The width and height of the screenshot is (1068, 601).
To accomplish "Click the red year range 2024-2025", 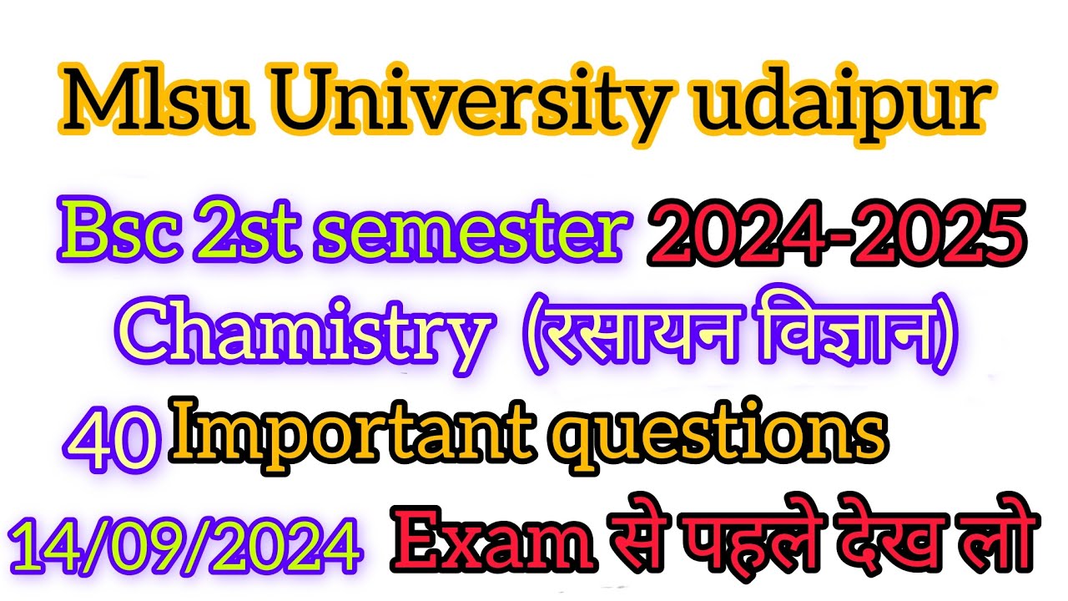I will [x=834, y=229].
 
